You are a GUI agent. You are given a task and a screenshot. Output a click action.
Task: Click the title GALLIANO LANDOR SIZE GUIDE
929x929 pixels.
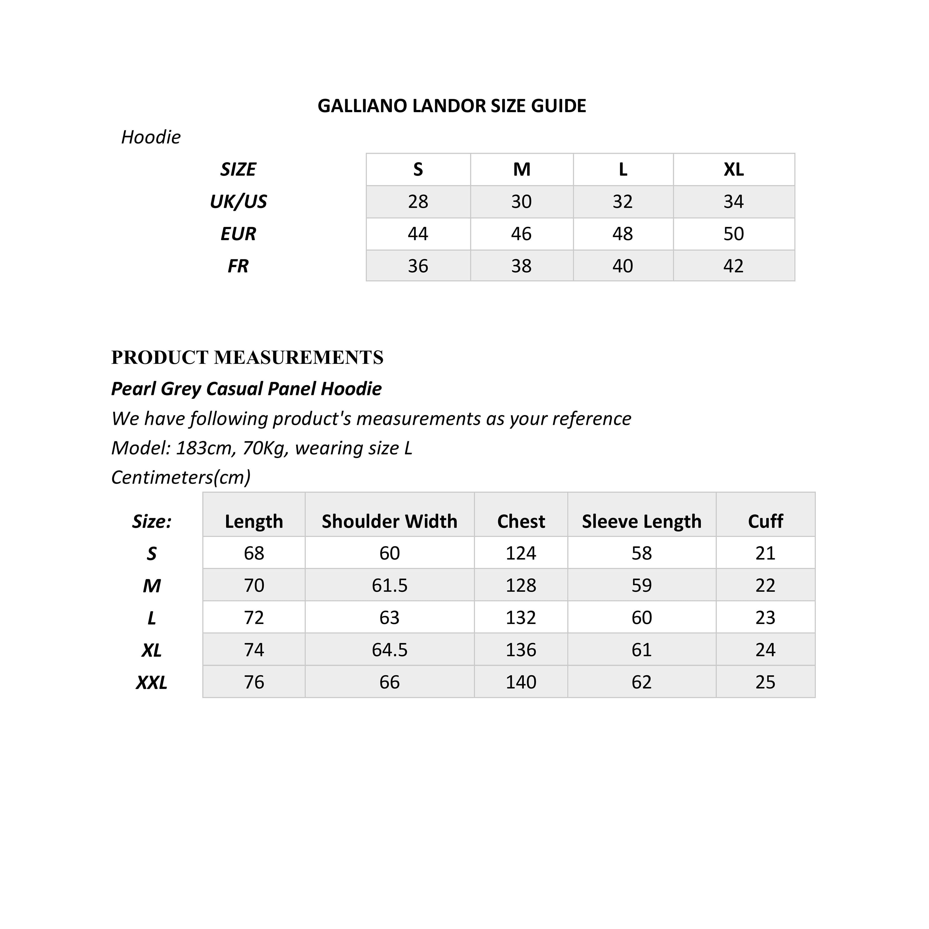[452, 106]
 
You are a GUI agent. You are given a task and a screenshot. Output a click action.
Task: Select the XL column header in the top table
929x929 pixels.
[733, 169]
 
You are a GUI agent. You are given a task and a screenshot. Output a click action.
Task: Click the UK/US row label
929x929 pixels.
[238, 201]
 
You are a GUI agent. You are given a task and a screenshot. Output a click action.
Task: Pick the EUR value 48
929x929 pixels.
[622, 234]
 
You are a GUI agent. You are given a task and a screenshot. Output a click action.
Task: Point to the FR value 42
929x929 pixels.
[733, 266]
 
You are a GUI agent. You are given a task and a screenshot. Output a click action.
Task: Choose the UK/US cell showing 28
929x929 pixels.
[418, 201]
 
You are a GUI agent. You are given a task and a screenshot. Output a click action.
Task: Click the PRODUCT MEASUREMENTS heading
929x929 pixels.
[247, 357]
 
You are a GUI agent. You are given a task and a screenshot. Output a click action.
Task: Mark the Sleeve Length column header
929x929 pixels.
[641, 521]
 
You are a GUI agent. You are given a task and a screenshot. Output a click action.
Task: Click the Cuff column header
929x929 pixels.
[765, 521]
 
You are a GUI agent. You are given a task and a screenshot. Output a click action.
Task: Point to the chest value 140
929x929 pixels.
[521, 682]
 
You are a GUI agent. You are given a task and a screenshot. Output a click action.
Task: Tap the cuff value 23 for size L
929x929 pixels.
[765, 617]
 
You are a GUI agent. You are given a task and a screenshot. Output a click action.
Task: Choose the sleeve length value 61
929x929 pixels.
[641, 650]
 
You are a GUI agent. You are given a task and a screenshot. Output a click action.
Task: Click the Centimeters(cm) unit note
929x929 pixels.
[181, 477]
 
